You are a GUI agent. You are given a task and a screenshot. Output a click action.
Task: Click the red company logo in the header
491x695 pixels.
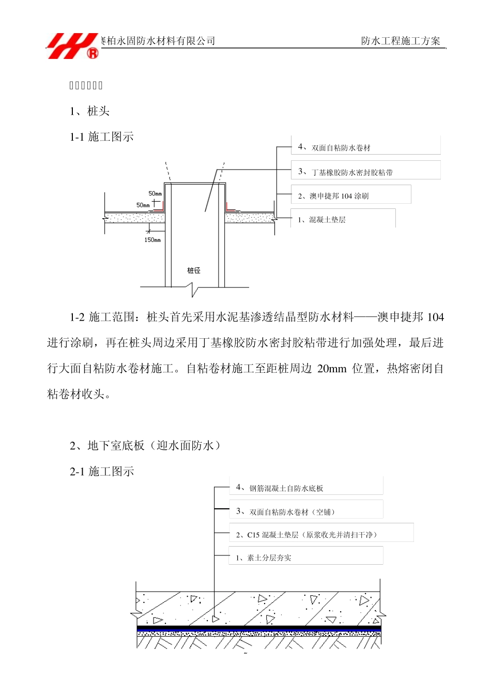click(73, 46)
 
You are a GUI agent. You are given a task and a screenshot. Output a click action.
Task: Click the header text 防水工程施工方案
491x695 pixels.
click(401, 41)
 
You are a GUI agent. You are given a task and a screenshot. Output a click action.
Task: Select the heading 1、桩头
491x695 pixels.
click(90, 111)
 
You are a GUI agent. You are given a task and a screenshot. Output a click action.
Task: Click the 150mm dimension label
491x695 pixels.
click(152, 240)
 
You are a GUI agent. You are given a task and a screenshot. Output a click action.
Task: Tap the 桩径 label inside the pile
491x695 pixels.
click(194, 270)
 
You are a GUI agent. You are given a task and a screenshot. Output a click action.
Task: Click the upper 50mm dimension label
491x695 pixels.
click(155, 194)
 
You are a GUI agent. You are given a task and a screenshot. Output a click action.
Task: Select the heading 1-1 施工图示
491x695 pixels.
click(102, 137)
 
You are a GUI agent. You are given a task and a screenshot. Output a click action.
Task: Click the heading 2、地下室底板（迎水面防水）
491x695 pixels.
click(145, 446)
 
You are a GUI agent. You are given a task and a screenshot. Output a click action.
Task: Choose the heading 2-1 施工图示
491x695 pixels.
click(102, 472)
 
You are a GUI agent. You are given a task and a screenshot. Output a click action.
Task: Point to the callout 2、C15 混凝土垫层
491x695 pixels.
click(306, 535)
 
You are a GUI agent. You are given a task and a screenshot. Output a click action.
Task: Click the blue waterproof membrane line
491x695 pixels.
click(258, 629)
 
